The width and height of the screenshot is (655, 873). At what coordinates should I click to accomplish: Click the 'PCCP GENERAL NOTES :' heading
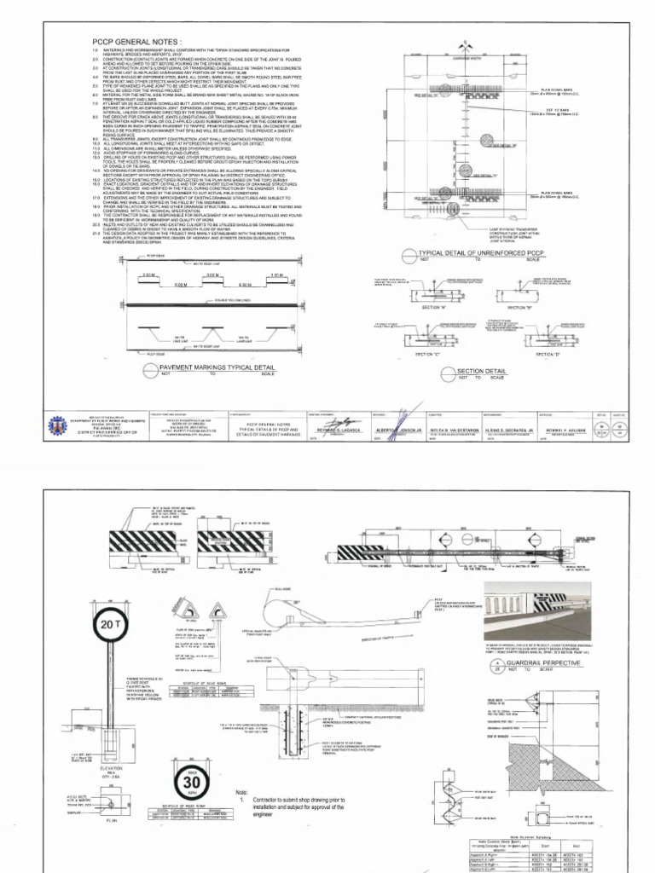[x=136, y=41]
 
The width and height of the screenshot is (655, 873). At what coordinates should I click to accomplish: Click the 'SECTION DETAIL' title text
[x=480, y=372]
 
